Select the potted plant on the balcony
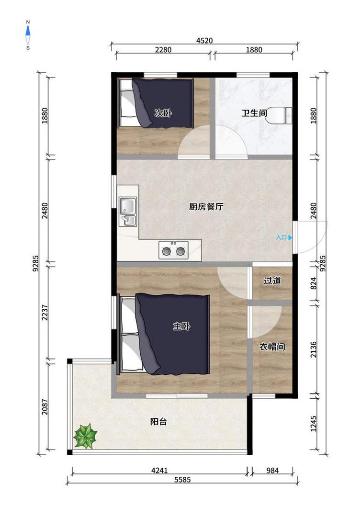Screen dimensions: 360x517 tap(85, 436)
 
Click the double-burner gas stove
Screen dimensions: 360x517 tap(173, 250)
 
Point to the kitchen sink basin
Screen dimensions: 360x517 tap(128, 212)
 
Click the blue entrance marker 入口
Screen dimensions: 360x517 tap(284, 237)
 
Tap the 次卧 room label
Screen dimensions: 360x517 tap(163, 113)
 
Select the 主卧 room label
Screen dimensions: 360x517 tap(181, 326)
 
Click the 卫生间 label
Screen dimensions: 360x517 tap(254, 113)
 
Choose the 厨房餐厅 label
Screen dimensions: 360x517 tap(206, 207)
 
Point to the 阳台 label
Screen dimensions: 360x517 tap(158, 421)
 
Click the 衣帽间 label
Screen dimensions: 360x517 tap(272, 347)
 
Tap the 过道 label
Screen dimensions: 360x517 tap(272, 281)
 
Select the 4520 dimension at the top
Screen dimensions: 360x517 tap(204, 41)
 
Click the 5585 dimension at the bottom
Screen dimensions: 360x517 tap(182, 480)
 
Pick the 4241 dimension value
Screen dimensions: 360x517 tap(159, 471)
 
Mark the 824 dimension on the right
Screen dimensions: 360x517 tap(314, 283)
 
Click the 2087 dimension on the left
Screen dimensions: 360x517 tap(45, 407)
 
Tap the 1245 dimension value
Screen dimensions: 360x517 tap(314, 424)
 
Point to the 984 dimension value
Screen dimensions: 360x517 tap(272, 471)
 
